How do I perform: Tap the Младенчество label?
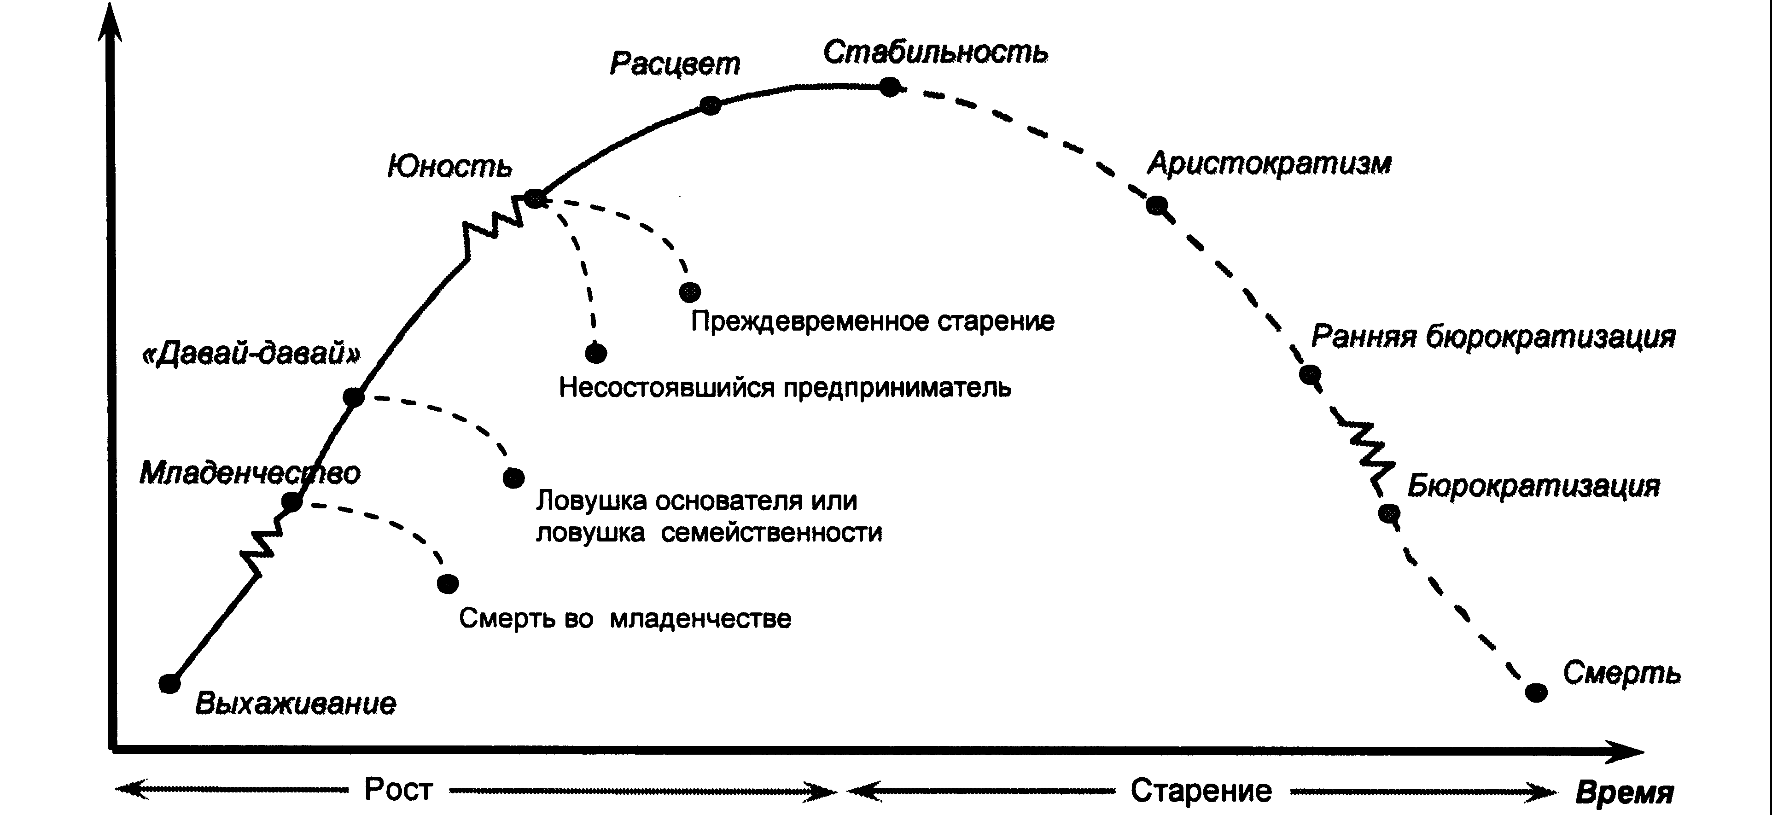click(x=250, y=473)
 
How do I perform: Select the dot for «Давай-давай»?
click(x=353, y=397)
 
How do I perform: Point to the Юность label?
click(x=450, y=166)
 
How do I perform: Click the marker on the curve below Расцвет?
click(x=711, y=105)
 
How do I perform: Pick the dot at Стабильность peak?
click(x=890, y=87)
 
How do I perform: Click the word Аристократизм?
click(x=1269, y=163)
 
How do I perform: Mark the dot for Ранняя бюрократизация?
click(x=1310, y=374)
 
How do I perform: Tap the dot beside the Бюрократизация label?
click(x=1389, y=513)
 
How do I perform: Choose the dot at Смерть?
click(x=1536, y=692)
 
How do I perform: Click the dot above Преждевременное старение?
click(x=689, y=291)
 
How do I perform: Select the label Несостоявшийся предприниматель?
click(x=785, y=388)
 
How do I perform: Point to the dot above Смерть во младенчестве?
click(x=448, y=583)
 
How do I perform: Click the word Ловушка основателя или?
click(x=696, y=501)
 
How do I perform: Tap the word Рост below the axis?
click(x=398, y=790)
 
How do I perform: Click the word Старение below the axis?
click(x=1201, y=791)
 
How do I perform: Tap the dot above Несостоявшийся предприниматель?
click(x=596, y=353)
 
